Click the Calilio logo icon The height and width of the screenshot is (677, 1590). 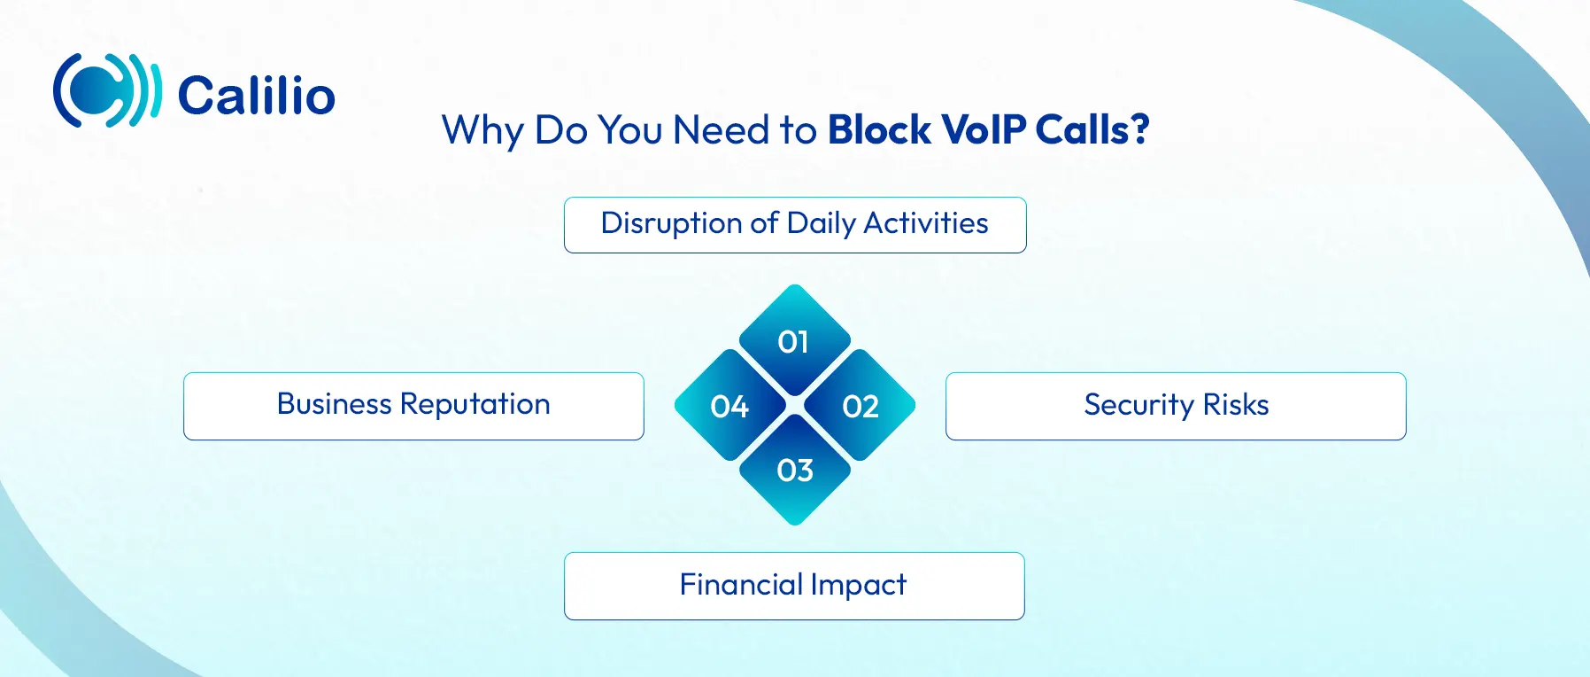point(107,90)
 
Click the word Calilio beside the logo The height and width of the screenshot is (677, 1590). point(257,96)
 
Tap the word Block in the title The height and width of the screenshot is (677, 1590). point(879,130)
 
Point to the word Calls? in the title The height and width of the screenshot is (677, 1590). point(1092,130)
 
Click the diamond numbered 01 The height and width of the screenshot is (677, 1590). point(795,340)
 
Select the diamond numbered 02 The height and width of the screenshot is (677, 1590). point(860,405)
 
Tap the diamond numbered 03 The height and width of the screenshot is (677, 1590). point(795,470)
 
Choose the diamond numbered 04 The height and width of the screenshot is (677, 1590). point(730,405)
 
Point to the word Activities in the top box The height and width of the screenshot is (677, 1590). point(926,223)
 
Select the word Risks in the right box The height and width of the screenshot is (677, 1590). point(1236,405)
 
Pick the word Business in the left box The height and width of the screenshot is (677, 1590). point(335,404)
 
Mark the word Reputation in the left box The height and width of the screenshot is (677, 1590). point(475,405)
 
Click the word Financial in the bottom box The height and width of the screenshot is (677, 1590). point(741,585)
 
